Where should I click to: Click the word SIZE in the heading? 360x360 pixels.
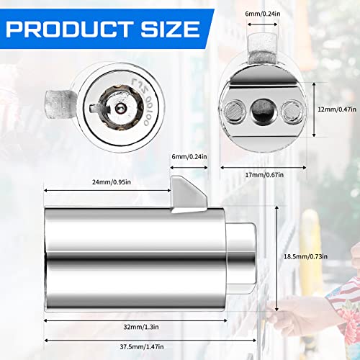tap(171, 29)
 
